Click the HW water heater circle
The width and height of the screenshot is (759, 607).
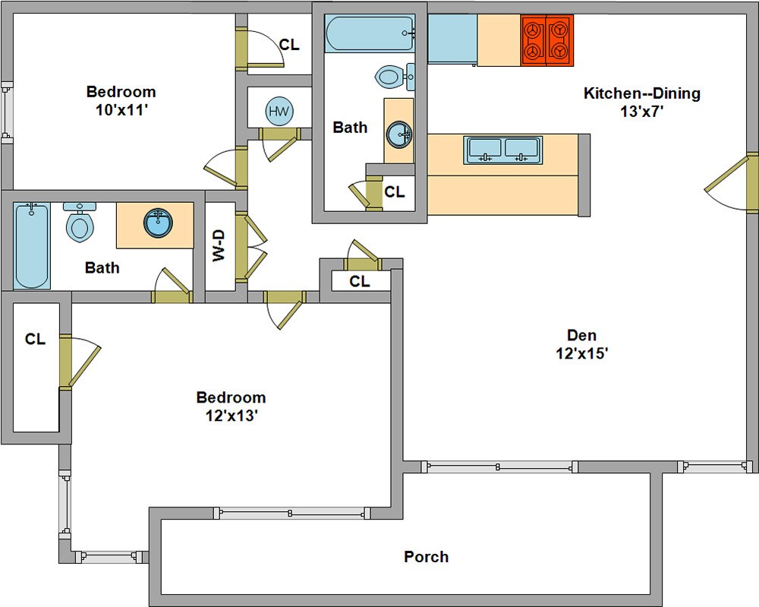tap(279, 112)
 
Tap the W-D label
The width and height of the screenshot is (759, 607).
tap(219, 245)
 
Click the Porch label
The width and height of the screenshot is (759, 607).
tap(427, 557)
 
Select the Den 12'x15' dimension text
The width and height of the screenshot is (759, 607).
tap(582, 353)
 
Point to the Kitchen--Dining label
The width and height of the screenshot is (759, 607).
tap(642, 93)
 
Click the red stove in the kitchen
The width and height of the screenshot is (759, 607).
tap(547, 40)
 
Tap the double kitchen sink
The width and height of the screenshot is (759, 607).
tap(503, 150)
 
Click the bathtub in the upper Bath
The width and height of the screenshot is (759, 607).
tap(370, 33)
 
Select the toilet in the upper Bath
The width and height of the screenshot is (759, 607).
tap(395, 77)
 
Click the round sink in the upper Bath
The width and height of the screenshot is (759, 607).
tap(399, 134)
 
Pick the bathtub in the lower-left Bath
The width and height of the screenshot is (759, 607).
tap(31, 246)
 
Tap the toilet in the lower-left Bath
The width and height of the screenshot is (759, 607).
tap(80, 223)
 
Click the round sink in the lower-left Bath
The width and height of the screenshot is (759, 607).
tap(159, 223)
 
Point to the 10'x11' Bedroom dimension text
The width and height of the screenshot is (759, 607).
tap(121, 110)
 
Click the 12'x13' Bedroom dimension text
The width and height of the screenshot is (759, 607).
tap(231, 416)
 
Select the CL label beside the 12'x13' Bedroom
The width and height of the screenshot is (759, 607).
tap(36, 339)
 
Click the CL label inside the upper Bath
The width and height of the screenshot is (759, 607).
tap(395, 192)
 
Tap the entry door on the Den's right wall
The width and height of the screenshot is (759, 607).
tap(732, 182)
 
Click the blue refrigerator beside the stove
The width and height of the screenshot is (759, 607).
tap(452, 39)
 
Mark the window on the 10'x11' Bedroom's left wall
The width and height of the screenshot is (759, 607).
tap(7, 113)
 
